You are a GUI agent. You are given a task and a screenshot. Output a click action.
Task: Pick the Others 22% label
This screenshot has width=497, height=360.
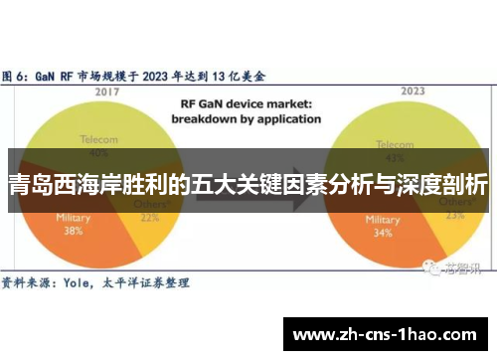pos(151,212)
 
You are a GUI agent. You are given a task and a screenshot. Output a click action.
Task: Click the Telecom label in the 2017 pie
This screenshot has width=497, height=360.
pos(97,142)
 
